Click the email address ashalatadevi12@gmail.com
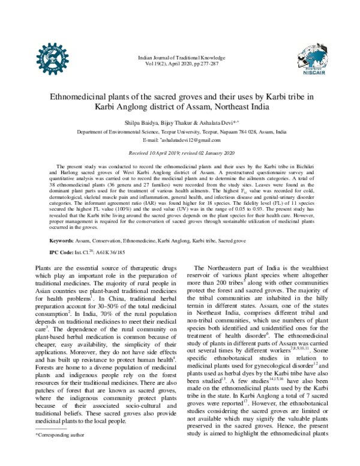point(193,139)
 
